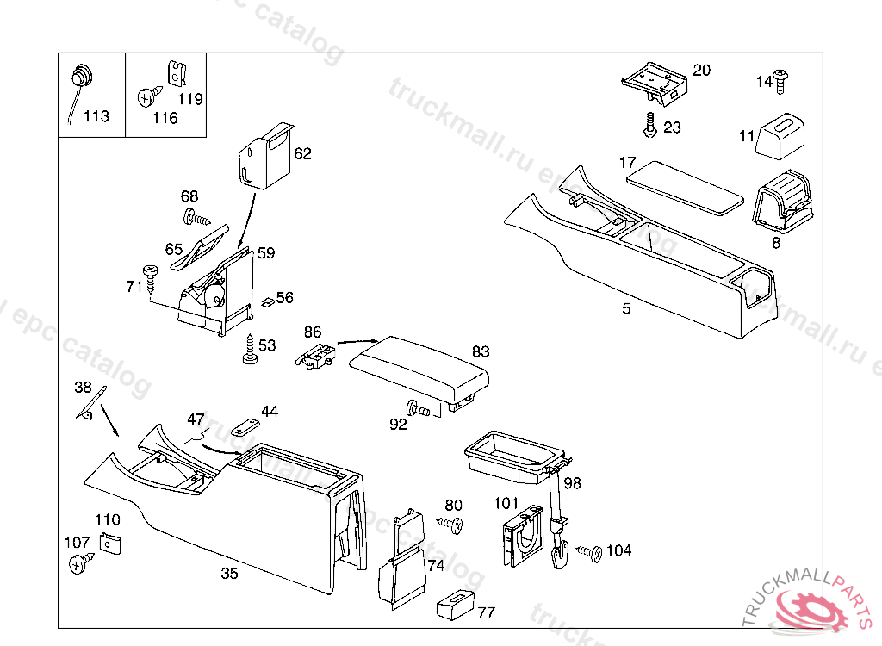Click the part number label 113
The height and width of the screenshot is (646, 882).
[x=96, y=116]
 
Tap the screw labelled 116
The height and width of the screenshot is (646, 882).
[x=146, y=97]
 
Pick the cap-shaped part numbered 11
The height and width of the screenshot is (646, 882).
[x=780, y=136]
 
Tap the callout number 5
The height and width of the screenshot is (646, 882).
[x=626, y=309]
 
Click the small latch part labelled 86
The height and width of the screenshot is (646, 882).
[x=316, y=354]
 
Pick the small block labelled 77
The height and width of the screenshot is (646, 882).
[x=455, y=604]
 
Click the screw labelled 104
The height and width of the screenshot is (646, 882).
[x=590, y=551]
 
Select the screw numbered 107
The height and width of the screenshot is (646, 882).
[x=80, y=562]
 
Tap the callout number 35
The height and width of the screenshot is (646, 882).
[x=229, y=573]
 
